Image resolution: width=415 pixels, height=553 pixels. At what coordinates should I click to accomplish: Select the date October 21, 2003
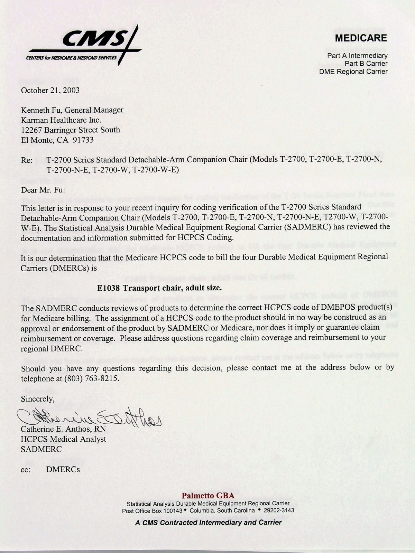tap(50, 91)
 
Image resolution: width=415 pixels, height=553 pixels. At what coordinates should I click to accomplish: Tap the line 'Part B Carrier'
tap(366, 64)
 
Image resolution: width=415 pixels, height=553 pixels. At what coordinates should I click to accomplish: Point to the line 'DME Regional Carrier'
tap(353, 72)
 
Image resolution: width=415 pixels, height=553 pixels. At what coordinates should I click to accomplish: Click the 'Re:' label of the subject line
tap(27, 160)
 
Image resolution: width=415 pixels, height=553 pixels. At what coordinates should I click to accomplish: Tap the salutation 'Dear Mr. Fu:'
tap(43, 190)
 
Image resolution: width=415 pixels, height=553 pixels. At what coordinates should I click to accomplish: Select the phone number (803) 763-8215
tap(92, 378)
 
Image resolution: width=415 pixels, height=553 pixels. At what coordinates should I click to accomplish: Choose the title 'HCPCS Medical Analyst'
tap(64, 439)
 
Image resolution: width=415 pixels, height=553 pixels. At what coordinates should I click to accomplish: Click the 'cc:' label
tap(26, 469)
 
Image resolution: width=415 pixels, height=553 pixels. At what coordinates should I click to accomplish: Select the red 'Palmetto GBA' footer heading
tap(208, 496)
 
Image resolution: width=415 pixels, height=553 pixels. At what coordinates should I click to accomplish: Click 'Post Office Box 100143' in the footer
tap(152, 510)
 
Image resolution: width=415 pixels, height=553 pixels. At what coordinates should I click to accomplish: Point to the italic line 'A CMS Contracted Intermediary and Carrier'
tap(208, 522)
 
